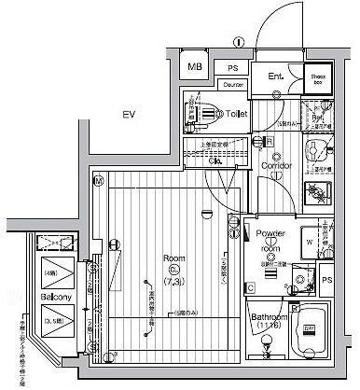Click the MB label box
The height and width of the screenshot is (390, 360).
pyautogui.click(x=195, y=67)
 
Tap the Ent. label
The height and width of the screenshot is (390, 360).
pyautogui.click(x=275, y=77)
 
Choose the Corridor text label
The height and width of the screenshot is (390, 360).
pyautogui.click(x=278, y=166)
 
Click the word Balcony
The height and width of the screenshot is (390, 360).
pyautogui.click(x=52, y=298)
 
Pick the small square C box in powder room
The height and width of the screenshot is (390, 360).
pyautogui.click(x=251, y=287)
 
